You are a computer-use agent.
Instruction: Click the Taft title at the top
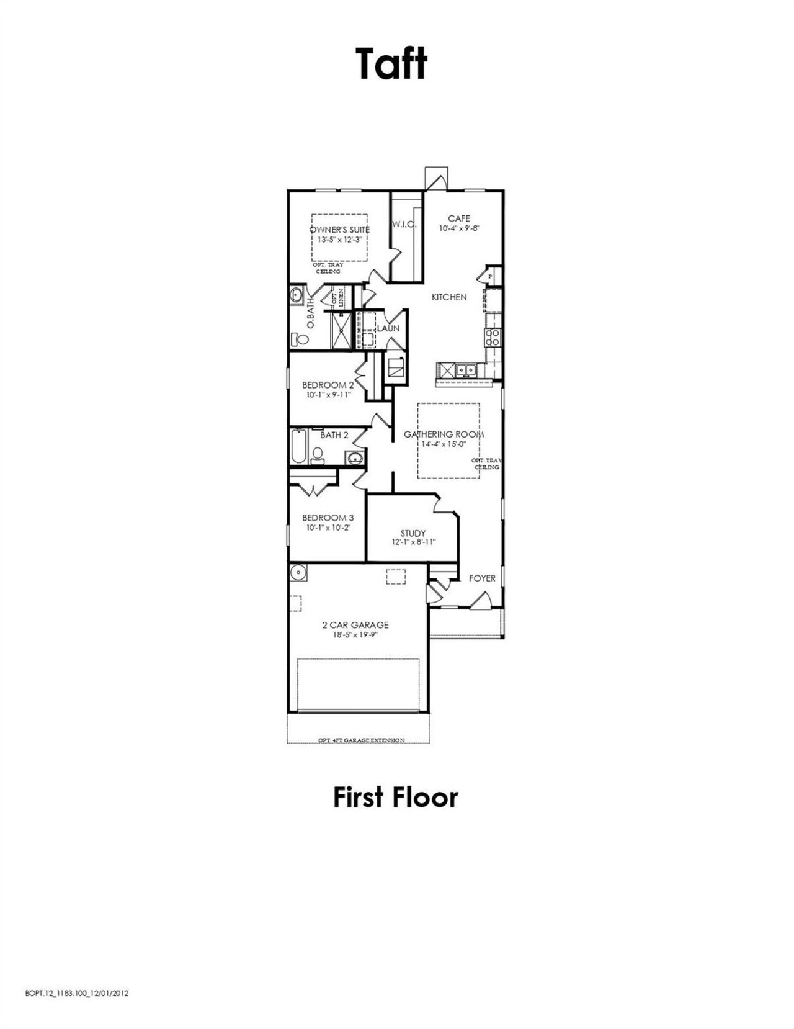391,64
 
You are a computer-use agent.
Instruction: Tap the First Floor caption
396,798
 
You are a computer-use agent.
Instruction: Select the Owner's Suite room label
339,230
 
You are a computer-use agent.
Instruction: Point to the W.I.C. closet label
403,224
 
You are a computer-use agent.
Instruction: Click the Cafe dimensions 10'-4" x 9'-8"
459,228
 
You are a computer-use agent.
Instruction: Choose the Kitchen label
449,297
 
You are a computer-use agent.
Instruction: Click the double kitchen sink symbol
465,371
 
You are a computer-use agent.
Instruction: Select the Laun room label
388,328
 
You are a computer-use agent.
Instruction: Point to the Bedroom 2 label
328,385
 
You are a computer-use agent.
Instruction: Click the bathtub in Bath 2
298,447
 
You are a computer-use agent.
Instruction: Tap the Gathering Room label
444,434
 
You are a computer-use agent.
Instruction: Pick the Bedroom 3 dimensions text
328,528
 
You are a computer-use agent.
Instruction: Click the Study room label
413,533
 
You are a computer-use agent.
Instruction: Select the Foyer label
482,578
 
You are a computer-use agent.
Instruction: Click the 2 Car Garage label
355,625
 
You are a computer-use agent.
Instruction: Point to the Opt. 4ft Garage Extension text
362,740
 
